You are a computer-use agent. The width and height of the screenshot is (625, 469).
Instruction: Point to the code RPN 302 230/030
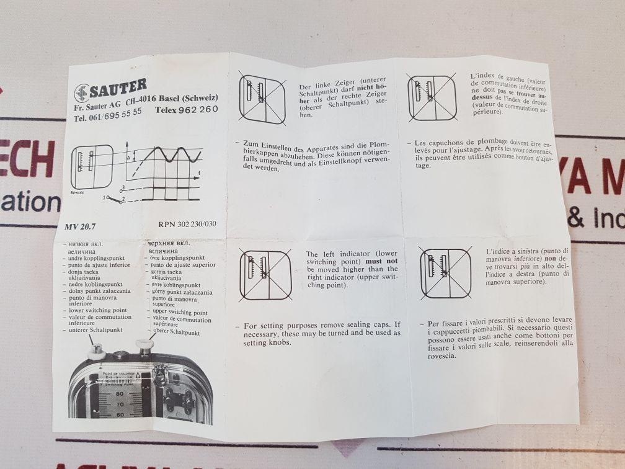[x=185, y=225]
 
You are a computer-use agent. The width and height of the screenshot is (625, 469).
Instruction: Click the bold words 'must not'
[x=384, y=262]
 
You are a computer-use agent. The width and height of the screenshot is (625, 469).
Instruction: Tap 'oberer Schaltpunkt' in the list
[x=176, y=333]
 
